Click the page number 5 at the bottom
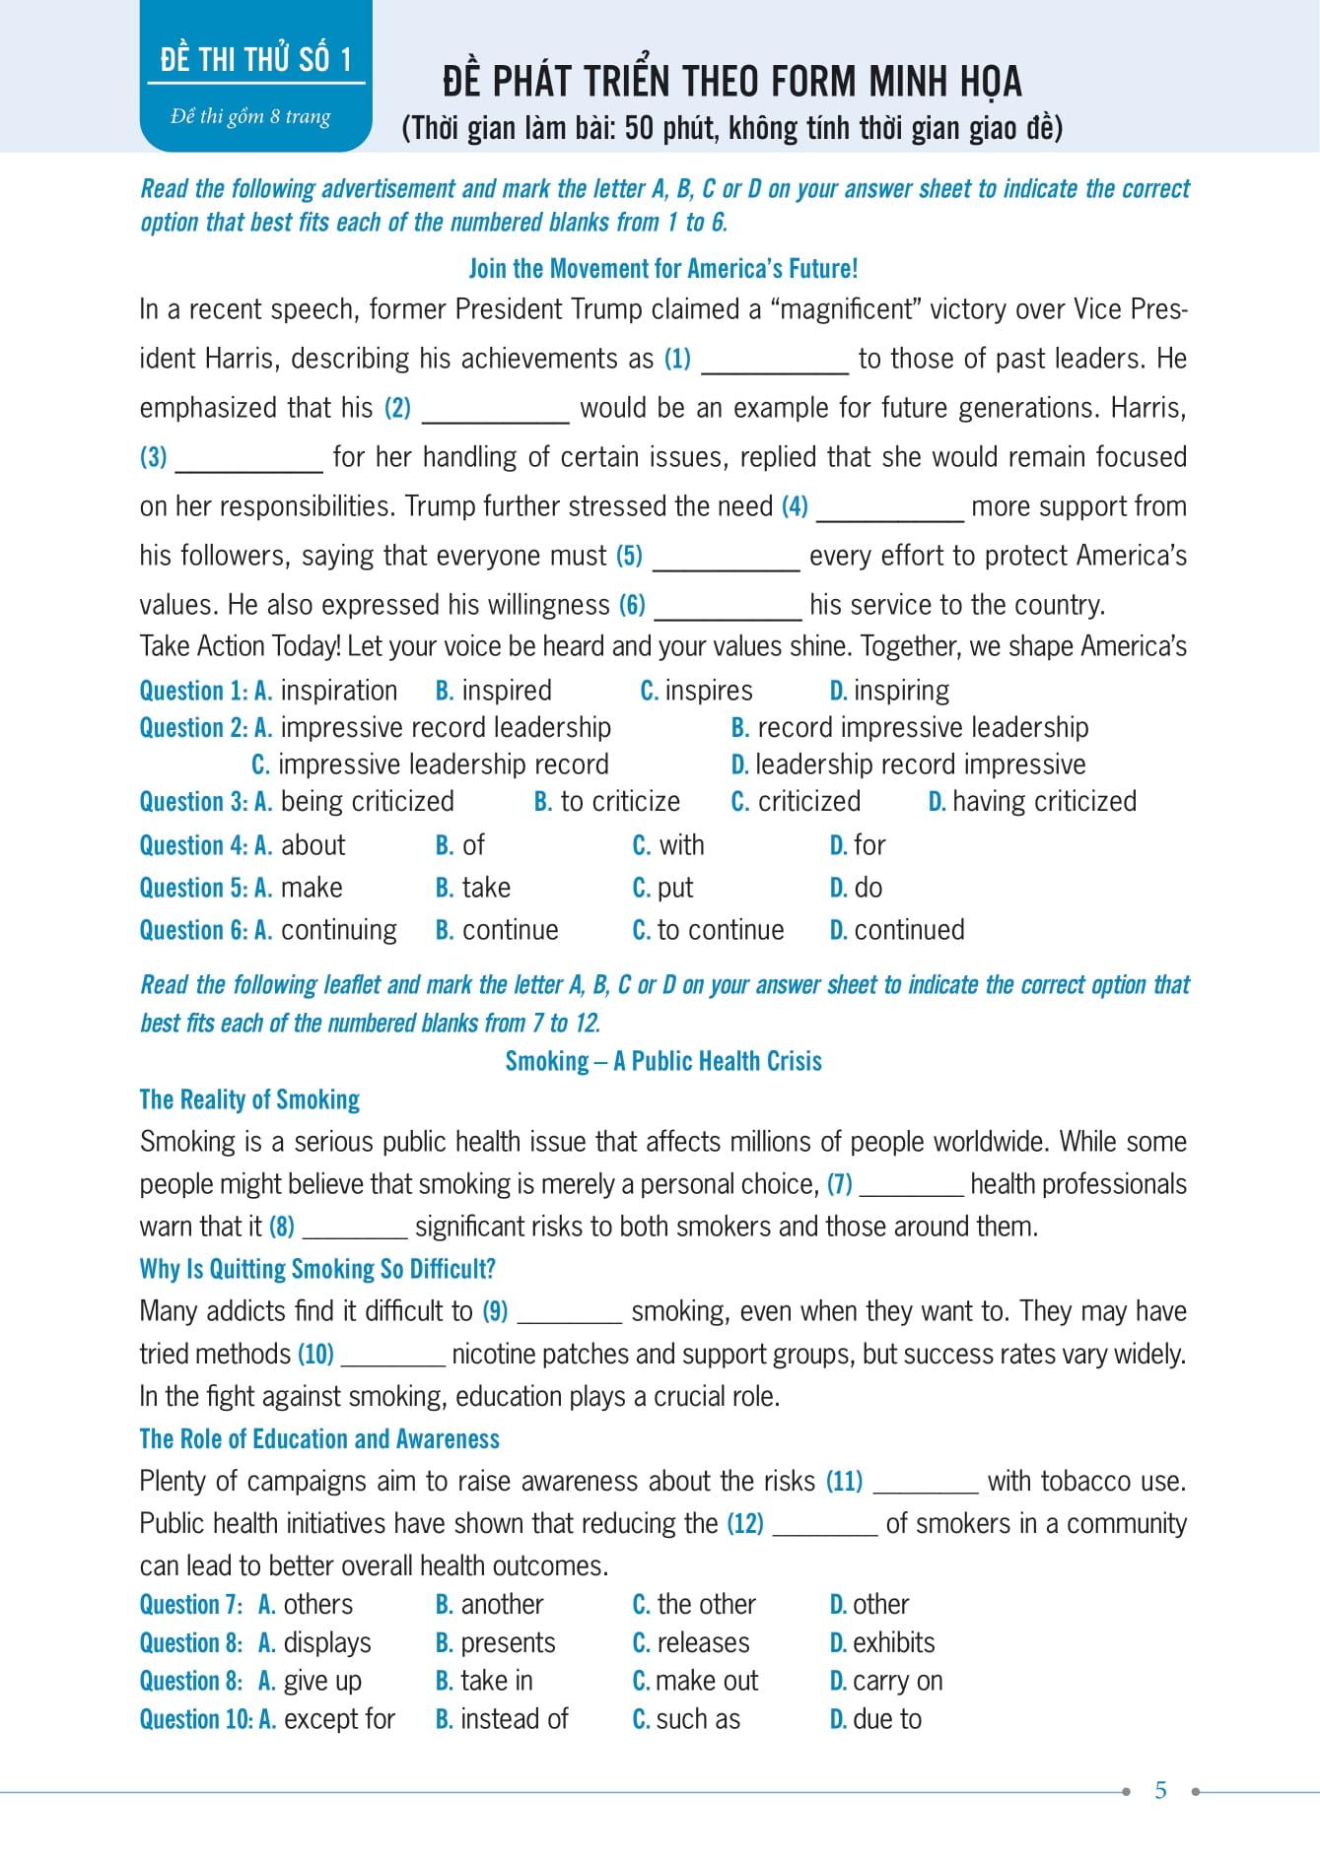(x=1160, y=1790)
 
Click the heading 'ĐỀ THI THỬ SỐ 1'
(x=255, y=60)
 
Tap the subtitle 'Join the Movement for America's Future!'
(x=662, y=268)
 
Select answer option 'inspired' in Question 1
(x=506, y=691)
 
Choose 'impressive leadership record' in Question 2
(x=443, y=765)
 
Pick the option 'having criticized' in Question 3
(x=1044, y=801)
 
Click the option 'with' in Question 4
(x=680, y=845)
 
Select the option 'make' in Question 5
(x=312, y=888)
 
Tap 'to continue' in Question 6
(x=720, y=930)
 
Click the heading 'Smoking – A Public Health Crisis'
(x=663, y=1061)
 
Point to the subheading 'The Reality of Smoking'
(x=249, y=1099)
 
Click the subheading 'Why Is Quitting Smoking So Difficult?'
(x=317, y=1269)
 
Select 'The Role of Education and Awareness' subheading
(x=319, y=1439)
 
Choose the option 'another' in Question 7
(x=502, y=1605)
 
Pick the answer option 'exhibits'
(x=893, y=1643)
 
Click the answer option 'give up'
(x=322, y=1681)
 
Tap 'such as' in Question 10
(x=698, y=1719)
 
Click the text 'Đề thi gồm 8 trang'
(x=250, y=116)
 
